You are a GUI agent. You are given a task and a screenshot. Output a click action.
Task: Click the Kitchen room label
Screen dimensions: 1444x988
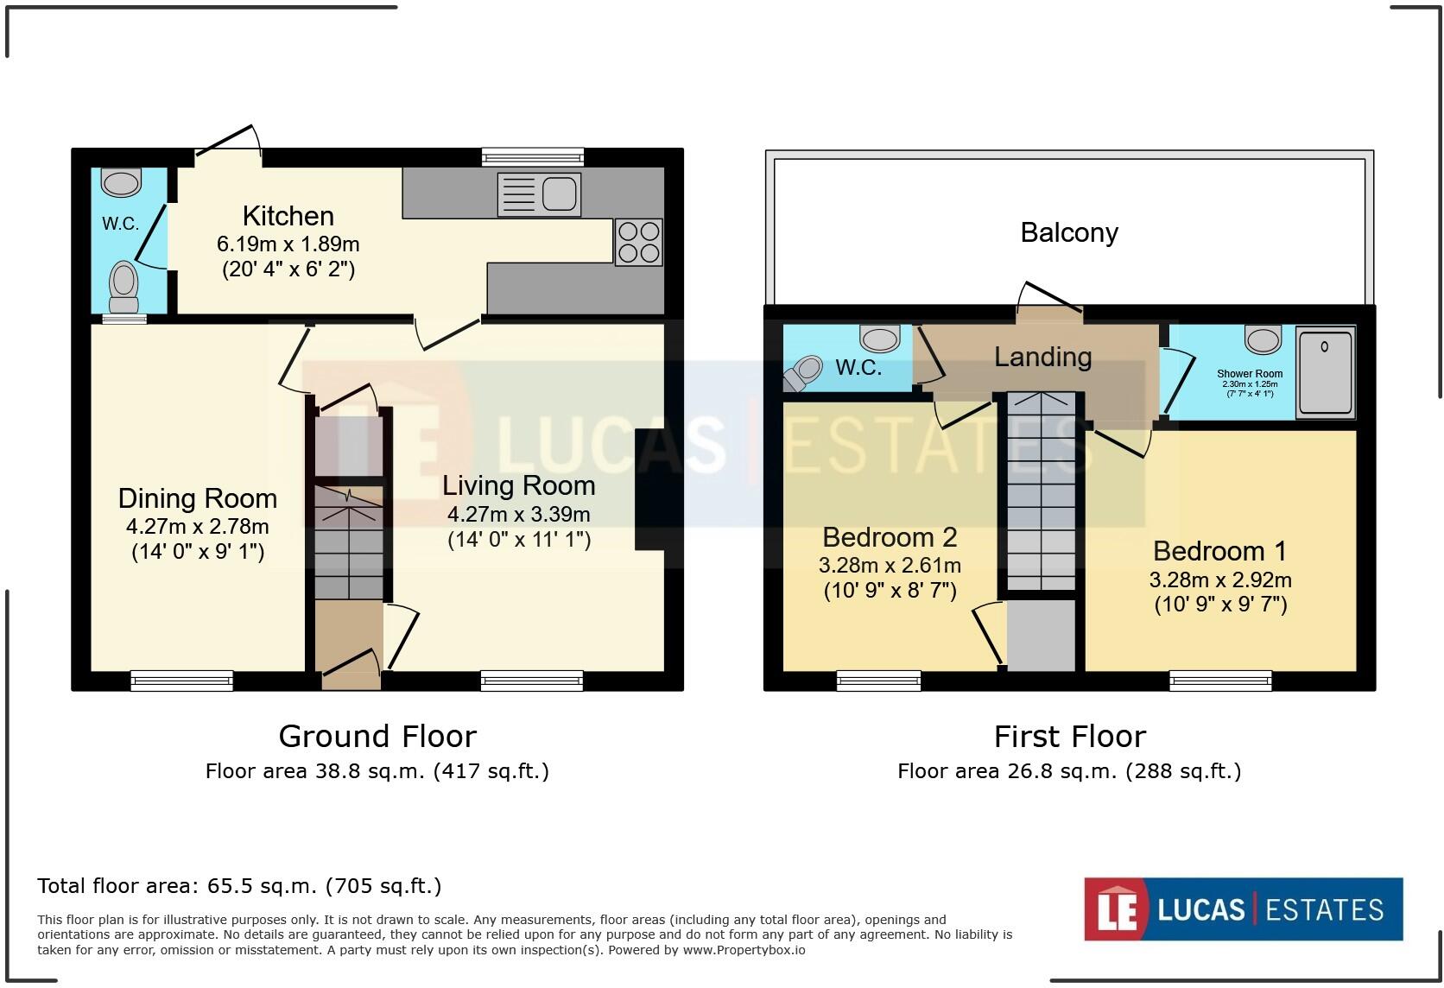288,217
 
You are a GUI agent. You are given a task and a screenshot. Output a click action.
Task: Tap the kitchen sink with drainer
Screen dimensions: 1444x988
539,194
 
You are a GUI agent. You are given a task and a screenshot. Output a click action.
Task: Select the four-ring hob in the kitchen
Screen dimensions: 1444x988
638,243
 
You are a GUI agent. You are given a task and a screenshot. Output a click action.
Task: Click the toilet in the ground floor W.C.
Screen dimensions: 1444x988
123,287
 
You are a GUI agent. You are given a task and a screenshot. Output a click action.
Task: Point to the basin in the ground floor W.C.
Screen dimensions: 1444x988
121,182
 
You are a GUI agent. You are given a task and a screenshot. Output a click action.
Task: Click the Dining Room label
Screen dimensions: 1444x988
197,499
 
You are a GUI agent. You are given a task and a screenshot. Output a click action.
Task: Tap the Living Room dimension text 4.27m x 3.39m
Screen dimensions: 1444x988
519,515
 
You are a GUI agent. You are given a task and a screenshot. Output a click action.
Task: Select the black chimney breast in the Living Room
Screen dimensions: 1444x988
649,489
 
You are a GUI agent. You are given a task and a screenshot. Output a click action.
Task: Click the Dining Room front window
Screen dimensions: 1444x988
181,681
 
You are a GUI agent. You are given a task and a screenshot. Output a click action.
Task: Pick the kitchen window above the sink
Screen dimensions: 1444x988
533,157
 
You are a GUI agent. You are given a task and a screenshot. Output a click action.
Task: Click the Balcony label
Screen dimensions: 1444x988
1069,232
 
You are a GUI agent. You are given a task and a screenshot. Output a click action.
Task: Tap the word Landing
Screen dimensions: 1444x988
1042,357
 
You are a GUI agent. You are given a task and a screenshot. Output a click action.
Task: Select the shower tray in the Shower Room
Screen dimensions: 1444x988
1326,372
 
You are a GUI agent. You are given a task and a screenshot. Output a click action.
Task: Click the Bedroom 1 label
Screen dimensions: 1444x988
1219,551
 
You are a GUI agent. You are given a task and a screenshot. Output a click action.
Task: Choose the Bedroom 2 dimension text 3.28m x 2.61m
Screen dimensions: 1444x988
890,565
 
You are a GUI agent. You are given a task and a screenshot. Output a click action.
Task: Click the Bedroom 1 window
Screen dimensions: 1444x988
1220,681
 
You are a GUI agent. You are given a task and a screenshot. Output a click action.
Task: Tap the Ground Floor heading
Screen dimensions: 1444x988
377,736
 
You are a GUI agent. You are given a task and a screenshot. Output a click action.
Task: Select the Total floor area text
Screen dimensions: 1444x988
239,886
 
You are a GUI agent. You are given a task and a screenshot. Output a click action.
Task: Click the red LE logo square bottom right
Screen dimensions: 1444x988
1116,909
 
